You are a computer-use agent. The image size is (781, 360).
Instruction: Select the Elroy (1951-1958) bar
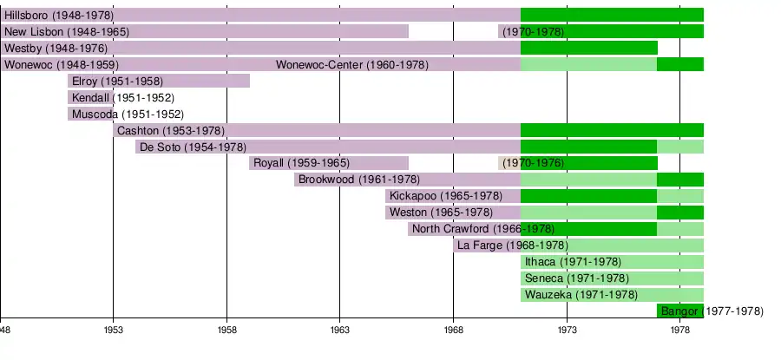tap(159, 81)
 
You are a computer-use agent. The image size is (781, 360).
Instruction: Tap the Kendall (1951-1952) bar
tap(91, 97)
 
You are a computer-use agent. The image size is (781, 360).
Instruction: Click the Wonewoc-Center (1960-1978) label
tap(352, 64)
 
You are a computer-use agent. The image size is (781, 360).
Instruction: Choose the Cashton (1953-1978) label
tap(171, 130)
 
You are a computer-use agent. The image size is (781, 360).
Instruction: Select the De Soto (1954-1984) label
tap(193, 147)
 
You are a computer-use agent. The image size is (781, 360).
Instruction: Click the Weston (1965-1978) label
tap(441, 213)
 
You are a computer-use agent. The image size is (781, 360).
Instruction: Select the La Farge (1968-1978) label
tap(512, 245)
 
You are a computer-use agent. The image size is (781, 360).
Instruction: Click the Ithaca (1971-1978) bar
tap(612, 262)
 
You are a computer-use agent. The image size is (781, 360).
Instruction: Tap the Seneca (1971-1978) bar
tap(612, 278)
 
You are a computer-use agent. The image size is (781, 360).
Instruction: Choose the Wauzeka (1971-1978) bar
tap(612, 295)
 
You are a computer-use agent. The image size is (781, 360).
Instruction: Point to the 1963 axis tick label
tap(340, 331)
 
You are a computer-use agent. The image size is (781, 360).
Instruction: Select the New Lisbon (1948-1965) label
tap(67, 31)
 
